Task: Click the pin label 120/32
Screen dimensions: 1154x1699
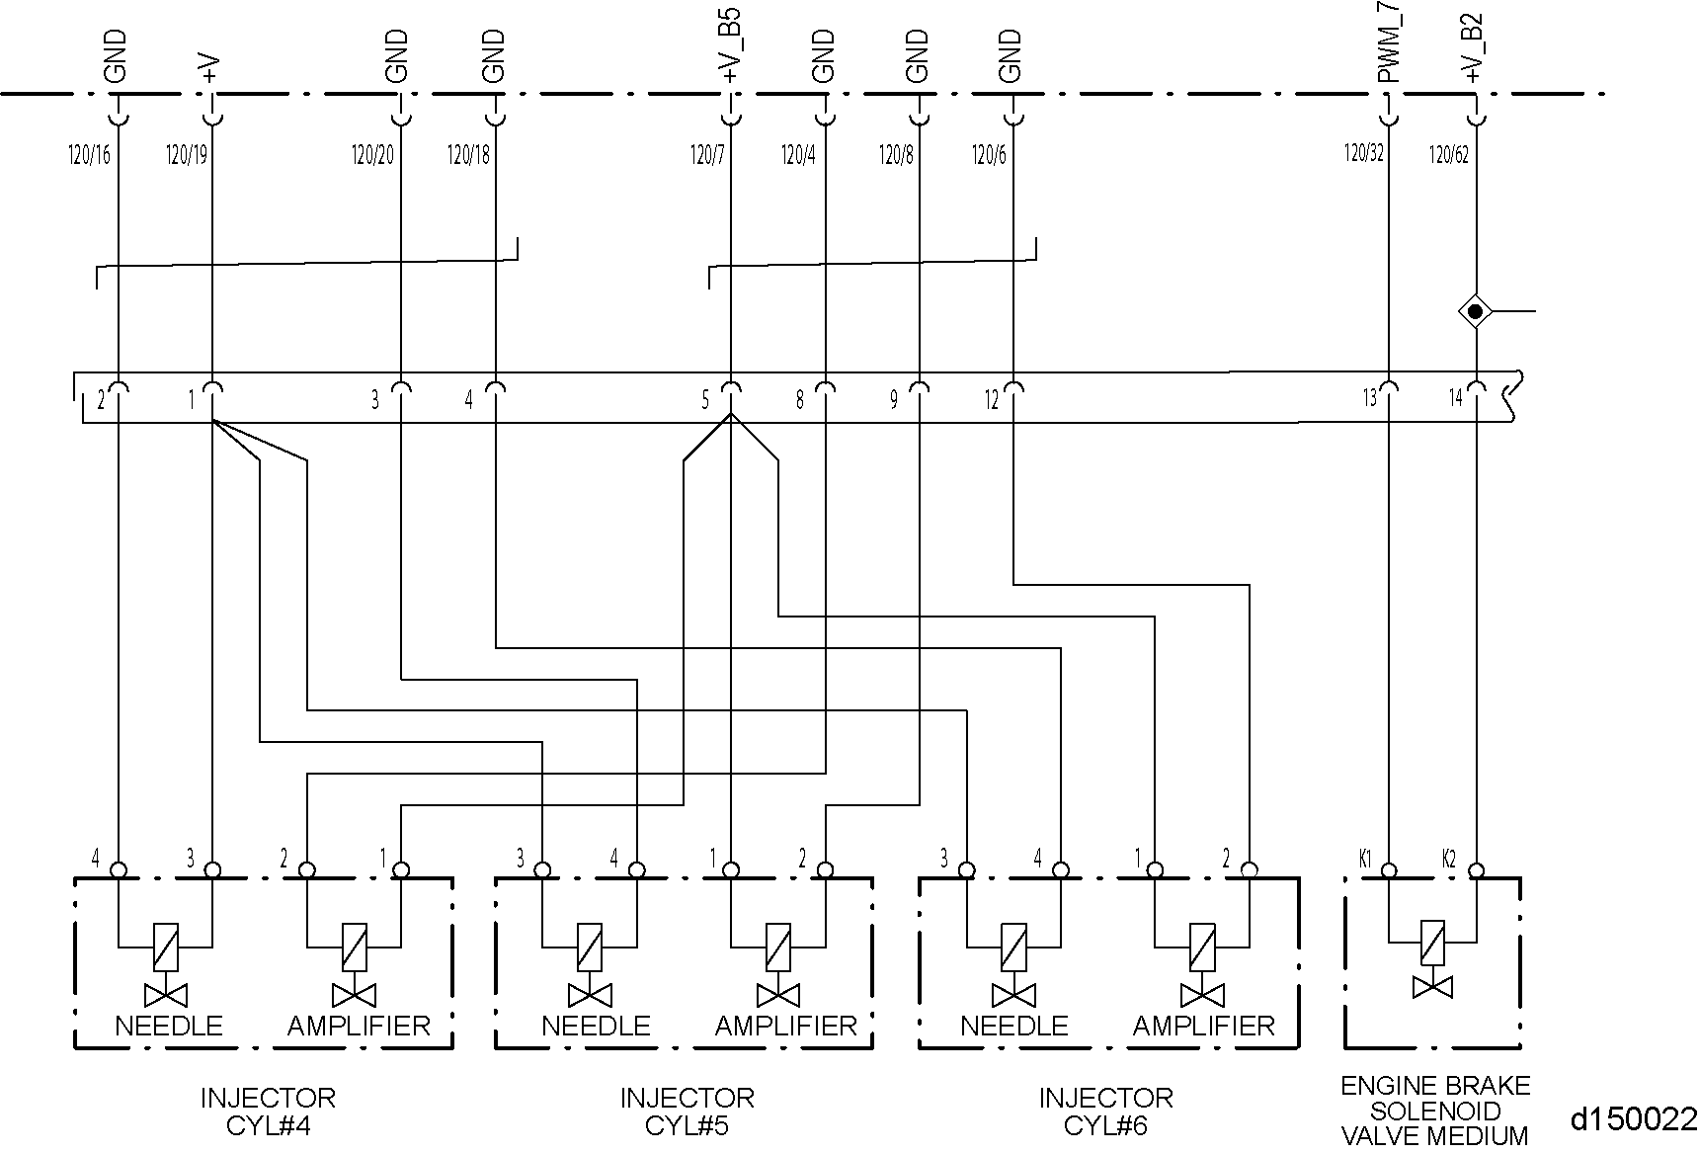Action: coord(1363,154)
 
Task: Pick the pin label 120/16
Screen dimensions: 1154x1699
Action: coord(89,154)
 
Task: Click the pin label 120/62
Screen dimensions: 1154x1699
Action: coord(1449,154)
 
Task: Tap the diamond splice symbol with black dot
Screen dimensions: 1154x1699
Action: coord(1476,312)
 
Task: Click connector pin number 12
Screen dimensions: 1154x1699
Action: coord(991,400)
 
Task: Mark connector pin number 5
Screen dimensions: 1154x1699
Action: coord(705,400)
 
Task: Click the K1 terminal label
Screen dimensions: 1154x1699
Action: coord(1365,858)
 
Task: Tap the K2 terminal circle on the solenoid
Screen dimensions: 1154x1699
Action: coord(1476,870)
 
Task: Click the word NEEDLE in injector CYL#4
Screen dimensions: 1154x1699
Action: coord(169,1026)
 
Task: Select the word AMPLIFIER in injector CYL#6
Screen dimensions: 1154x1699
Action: coord(1203,1026)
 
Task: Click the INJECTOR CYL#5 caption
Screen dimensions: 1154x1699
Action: coord(687,1111)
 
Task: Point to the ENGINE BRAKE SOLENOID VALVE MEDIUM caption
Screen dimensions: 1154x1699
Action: coord(1434,1111)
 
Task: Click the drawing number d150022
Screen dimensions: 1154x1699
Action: coord(1633,1118)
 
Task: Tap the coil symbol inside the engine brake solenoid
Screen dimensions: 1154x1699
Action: coord(1432,943)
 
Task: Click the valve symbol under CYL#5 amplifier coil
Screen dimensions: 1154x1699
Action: coord(778,993)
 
